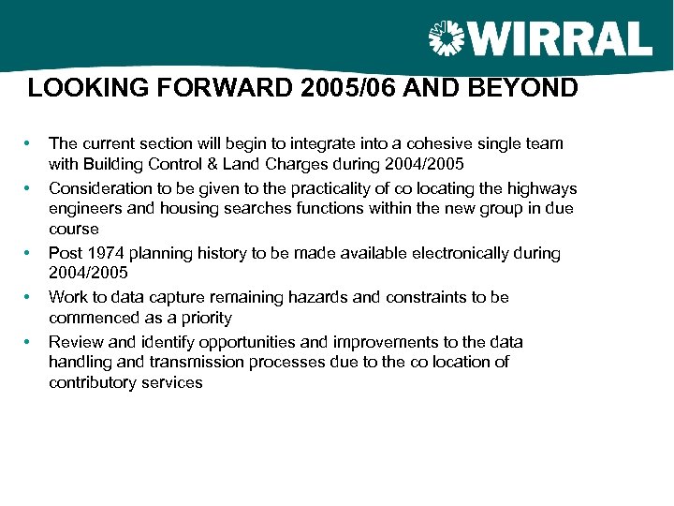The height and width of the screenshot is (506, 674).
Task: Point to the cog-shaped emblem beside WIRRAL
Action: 447,39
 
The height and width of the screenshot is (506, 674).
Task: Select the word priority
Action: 203,317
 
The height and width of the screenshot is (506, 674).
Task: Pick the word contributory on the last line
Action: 91,381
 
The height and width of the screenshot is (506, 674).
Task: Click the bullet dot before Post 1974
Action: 29,253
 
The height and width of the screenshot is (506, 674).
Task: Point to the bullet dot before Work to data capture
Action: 29,297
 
